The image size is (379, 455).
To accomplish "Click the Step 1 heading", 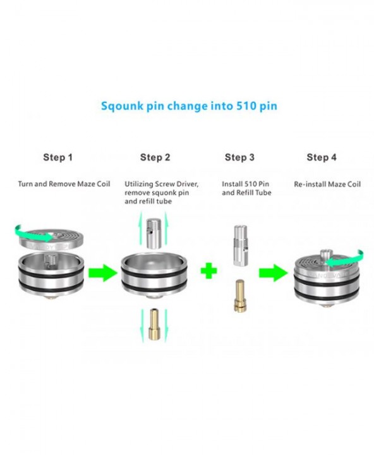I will (57, 157).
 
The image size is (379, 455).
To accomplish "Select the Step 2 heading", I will (155, 157).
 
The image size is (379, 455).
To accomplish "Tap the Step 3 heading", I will (239, 157).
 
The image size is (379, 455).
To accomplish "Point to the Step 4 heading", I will (322, 157).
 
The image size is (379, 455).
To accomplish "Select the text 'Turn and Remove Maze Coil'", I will (63, 185).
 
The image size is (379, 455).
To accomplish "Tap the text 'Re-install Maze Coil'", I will (327, 185).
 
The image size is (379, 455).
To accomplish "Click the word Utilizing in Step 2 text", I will (139, 184).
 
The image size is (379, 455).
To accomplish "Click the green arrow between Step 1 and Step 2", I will (104, 273).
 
